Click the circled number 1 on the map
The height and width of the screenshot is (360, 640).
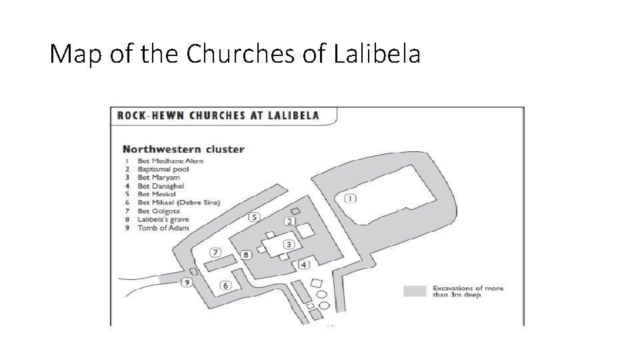(351, 198)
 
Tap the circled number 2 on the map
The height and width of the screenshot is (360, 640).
(290, 221)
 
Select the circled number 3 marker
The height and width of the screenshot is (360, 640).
(289, 244)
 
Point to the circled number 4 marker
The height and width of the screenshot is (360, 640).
(304, 265)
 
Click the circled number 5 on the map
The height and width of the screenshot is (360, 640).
(254, 217)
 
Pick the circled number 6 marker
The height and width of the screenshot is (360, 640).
(225, 285)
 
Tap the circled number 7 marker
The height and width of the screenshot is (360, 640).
(215, 252)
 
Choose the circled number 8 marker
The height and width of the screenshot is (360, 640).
(246, 254)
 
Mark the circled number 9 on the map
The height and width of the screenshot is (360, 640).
(187, 283)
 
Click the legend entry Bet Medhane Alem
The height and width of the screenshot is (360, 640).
(170, 161)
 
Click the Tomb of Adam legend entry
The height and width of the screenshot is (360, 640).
(163, 227)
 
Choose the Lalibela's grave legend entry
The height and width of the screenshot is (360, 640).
(163, 219)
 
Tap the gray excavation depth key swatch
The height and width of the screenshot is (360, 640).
(414, 290)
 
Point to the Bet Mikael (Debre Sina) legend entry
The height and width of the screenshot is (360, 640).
(178, 203)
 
